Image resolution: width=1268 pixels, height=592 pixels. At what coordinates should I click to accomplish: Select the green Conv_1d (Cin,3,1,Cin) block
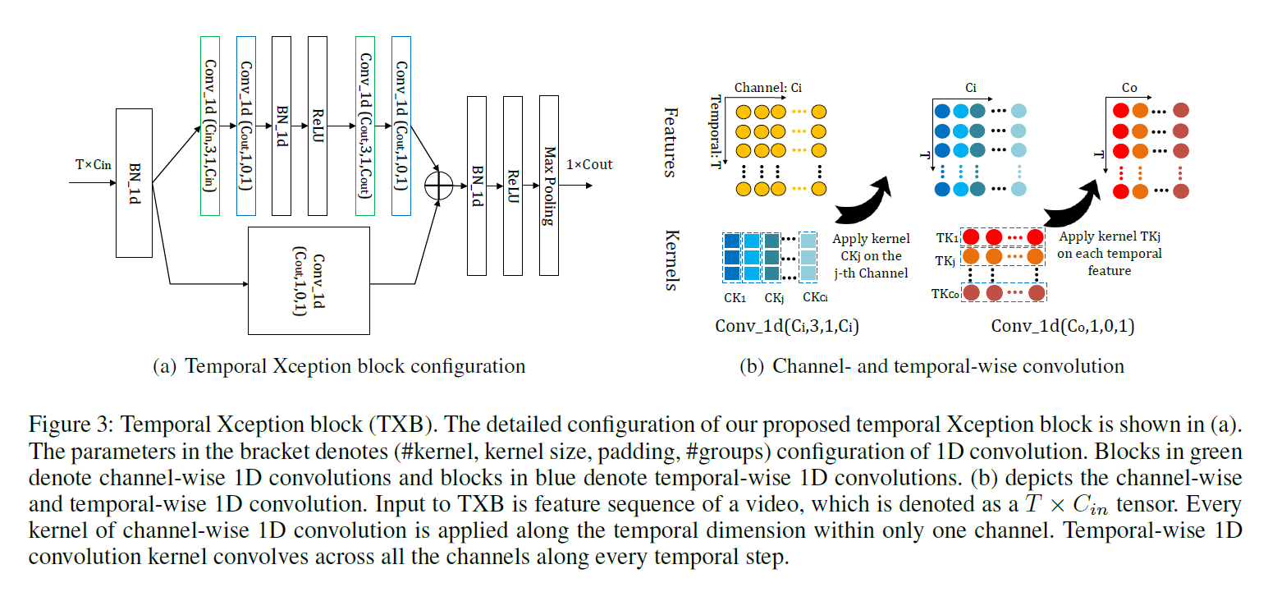210,126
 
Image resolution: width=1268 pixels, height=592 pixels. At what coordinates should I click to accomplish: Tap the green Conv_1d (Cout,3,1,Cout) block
365,126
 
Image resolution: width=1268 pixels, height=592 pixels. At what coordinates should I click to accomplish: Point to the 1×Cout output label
588,164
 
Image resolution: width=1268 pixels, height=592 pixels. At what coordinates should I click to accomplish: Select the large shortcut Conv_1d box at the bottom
309,282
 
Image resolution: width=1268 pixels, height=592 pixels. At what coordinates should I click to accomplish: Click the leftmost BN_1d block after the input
135,181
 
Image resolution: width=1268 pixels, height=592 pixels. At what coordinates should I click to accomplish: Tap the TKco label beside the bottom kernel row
943,292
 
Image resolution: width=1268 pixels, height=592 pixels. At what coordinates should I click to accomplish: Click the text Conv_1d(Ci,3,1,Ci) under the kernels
787,325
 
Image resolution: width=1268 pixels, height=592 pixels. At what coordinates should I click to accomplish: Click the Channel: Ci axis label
767,87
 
